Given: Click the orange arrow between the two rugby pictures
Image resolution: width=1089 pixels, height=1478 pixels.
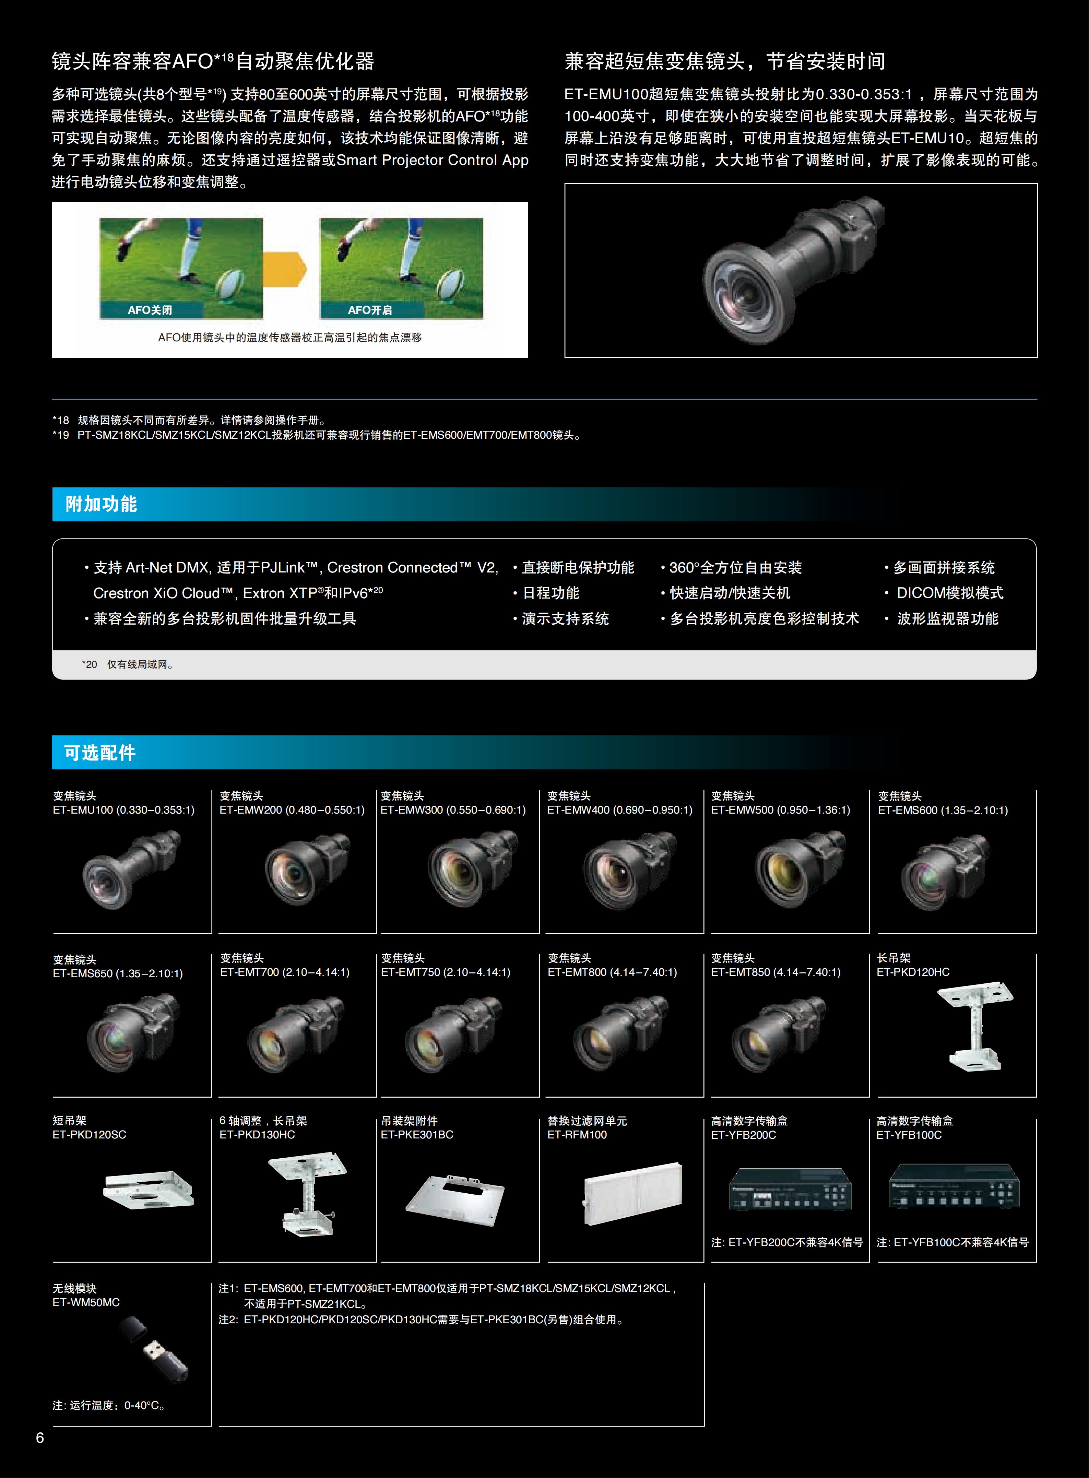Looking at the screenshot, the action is tap(285, 268).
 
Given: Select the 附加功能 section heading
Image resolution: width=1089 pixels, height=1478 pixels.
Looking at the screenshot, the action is tap(101, 504).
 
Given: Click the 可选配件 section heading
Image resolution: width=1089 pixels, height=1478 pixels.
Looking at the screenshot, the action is tap(100, 752).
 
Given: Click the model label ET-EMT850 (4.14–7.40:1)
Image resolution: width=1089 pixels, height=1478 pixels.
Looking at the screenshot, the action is tap(775, 972).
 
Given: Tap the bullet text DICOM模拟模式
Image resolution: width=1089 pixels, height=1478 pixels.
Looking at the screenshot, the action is tap(950, 593).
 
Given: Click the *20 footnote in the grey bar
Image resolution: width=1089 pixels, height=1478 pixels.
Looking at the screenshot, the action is tap(128, 664).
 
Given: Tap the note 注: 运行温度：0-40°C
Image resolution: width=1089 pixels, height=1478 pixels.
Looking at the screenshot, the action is tap(109, 1405).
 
